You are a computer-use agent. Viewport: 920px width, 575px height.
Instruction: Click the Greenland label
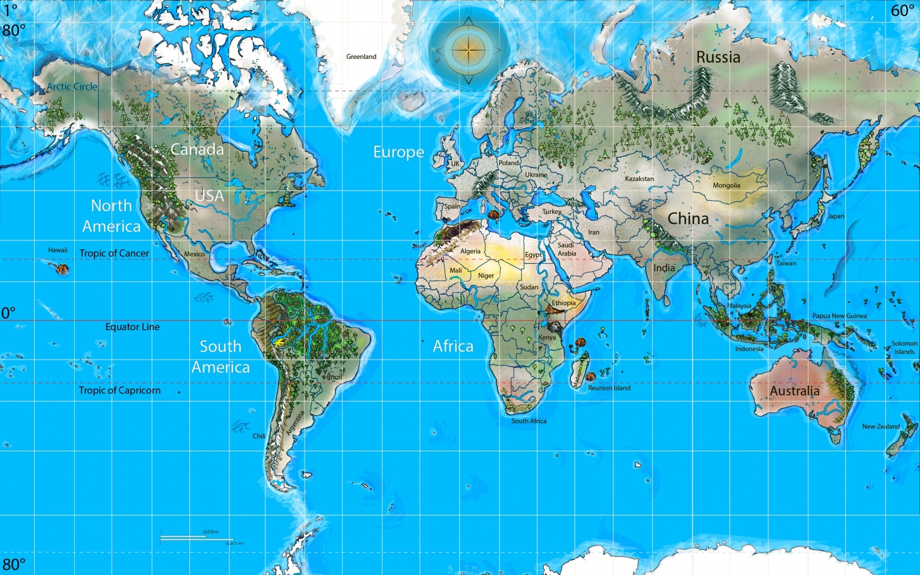[361, 57]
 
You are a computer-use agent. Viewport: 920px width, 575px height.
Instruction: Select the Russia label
[718, 57]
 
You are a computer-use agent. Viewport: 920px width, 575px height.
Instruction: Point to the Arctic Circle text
[72, 87]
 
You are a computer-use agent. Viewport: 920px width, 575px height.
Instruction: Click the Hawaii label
[58, 250]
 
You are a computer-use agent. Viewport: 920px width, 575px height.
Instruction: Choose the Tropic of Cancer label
[114, 254]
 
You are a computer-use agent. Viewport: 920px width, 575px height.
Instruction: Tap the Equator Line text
[132, 327]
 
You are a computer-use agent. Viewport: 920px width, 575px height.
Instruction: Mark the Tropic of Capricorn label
[120, 390]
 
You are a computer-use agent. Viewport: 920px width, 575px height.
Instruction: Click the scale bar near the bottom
[197, 537]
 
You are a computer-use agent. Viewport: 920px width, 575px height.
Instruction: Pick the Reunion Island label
[609, 388]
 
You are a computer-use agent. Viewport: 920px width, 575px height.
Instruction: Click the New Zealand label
[881, 426]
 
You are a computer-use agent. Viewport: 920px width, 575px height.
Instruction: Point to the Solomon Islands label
[904, 348]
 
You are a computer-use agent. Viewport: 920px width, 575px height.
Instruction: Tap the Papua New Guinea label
[839, 316]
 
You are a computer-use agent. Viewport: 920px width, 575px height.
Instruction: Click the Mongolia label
[726, 186]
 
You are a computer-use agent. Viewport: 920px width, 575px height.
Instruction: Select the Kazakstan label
[639, 179]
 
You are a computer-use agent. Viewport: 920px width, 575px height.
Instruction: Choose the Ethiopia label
[563, 303]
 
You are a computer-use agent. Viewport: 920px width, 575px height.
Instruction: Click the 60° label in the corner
[902, 11]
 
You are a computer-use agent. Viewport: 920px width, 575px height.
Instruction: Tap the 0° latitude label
[8, 313]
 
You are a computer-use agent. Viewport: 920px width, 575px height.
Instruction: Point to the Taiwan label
[786, 264]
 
